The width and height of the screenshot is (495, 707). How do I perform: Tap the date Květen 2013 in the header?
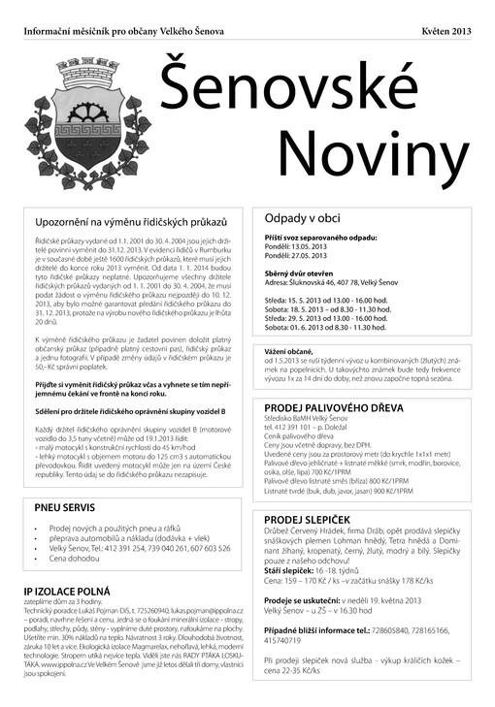446,32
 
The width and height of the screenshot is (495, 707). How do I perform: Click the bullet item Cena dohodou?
76,559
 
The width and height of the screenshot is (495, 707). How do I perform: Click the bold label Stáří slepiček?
288,572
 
